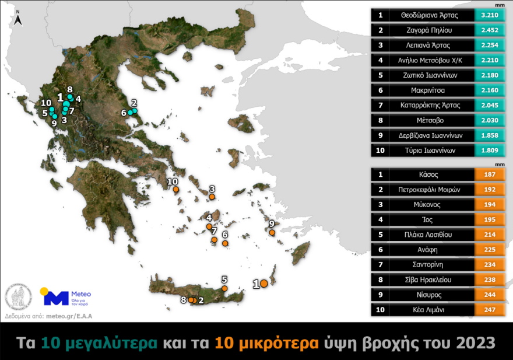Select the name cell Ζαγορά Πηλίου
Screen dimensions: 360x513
tap(431, 30)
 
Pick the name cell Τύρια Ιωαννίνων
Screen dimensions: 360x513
tap(431, 151)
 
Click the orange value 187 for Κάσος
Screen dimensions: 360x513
tap(490, 174)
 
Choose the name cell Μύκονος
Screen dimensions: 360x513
tap(431, 205)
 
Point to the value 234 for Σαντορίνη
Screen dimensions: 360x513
tap(490, 265)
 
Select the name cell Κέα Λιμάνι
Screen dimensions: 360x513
tap(431, 310)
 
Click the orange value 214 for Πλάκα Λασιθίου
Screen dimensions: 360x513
tap(490, 235)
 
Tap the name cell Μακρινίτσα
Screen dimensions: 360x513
tap(431, 90)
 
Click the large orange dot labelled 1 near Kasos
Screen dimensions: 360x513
tap(263, 283)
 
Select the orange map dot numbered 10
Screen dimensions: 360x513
tap(175, 189)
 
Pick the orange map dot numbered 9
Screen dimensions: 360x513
tap(270, 232)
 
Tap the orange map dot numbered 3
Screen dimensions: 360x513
tap(212, 197)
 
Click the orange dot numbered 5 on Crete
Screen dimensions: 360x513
tap(224, 288)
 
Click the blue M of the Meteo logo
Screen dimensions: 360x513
tap(57, 298)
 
